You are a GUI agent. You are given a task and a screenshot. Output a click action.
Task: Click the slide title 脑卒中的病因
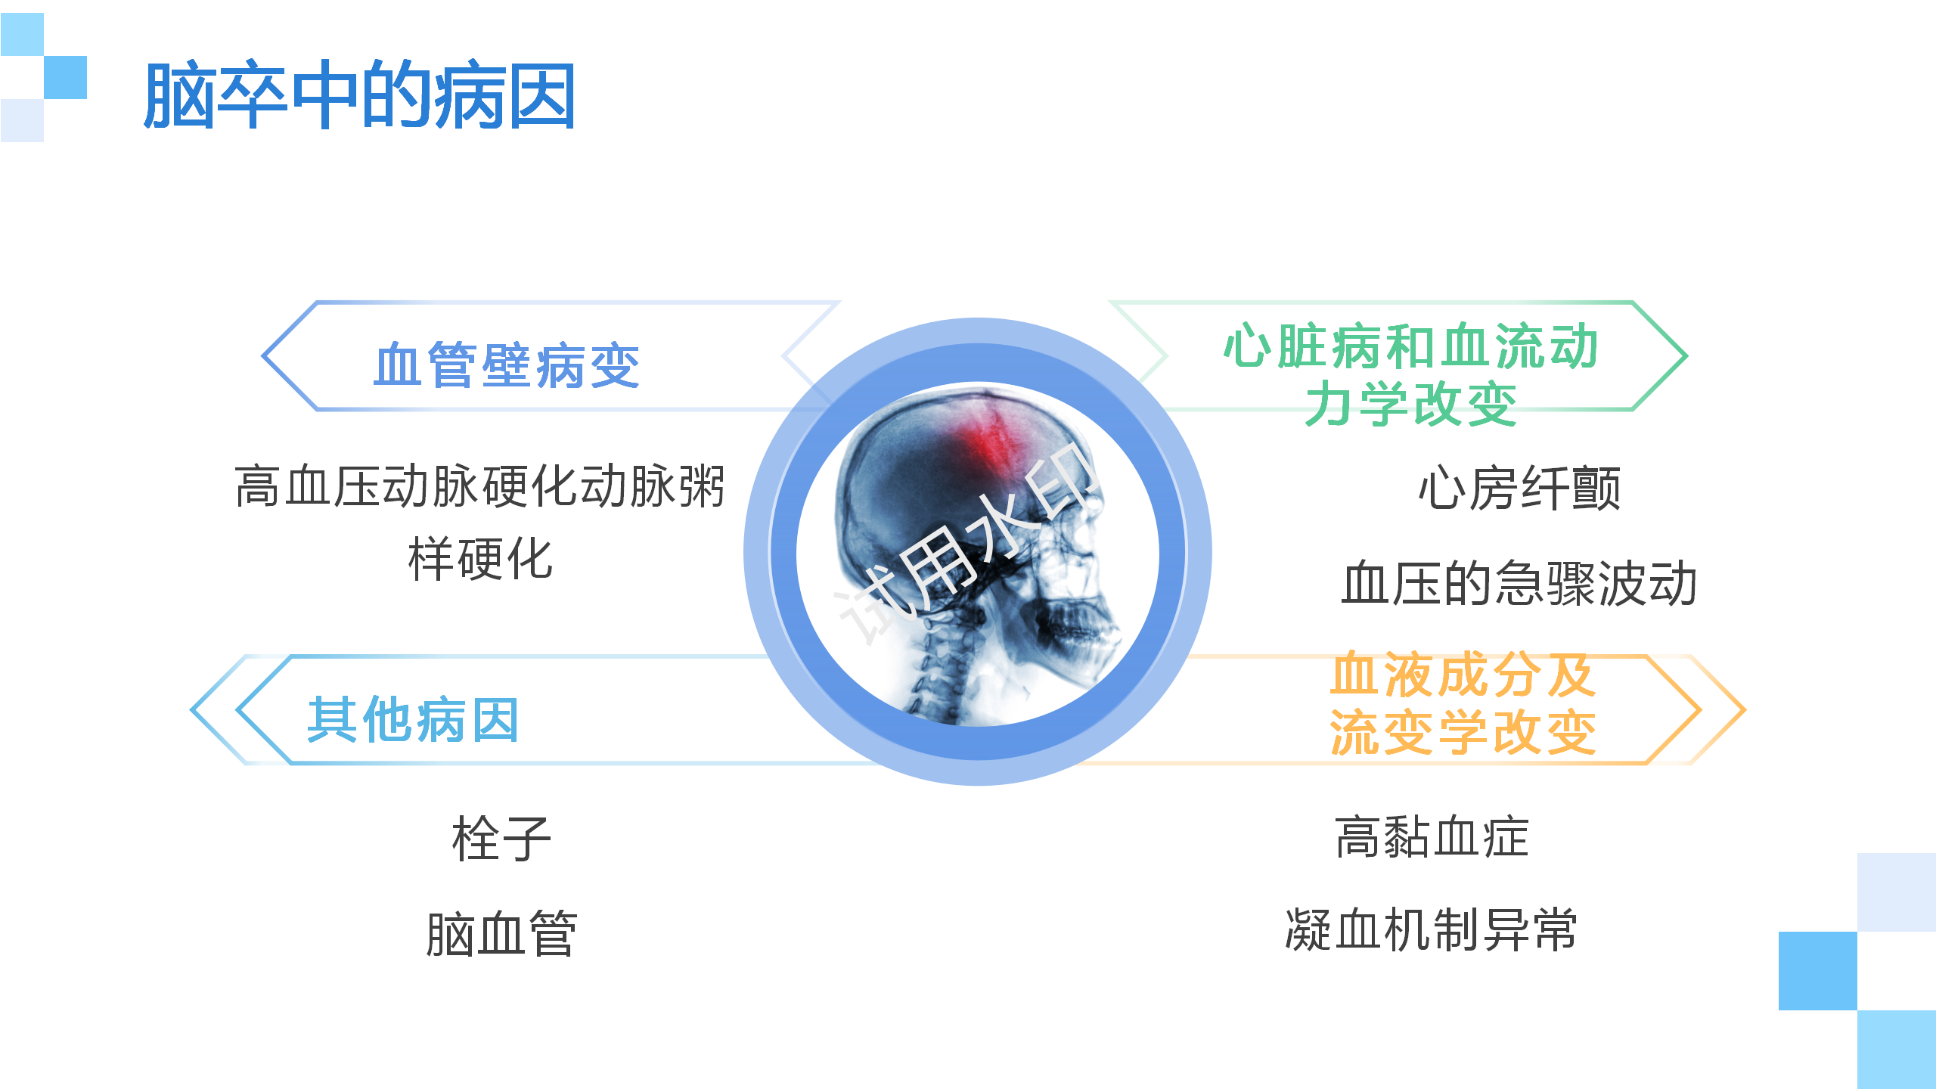[x=360, y=95]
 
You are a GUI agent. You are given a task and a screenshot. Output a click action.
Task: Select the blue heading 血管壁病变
[x=507, y=366]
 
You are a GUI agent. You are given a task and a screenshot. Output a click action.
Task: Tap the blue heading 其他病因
[x=413, y=720]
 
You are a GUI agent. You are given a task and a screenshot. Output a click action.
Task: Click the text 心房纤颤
[x=1519, y=488]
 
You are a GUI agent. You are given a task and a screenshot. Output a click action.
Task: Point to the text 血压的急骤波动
[x=1519, y=583]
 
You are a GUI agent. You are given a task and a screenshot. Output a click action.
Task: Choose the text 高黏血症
[x=1432, y=837]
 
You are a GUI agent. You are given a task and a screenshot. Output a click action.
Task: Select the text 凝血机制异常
[x=1432, y=929]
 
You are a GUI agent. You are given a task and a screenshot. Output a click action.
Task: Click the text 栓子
[x=501, y=839]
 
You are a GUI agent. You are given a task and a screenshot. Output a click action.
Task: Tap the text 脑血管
[x=501, y=934]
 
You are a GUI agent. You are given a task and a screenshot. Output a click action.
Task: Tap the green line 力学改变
[x=1411, y=404]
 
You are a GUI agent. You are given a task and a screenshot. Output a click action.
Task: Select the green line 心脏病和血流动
[x=1411, y=346]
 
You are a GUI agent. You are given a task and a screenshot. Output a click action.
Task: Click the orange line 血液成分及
[x=1463, y=674]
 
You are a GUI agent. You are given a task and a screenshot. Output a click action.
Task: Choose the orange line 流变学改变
[x=1463, y=731]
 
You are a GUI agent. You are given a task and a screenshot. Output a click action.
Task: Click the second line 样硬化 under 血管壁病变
[x=480, y=559]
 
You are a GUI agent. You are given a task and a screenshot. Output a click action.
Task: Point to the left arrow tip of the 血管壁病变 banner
[x=263, y=355]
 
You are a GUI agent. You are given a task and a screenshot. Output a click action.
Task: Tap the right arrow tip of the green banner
[x=1686, y=355]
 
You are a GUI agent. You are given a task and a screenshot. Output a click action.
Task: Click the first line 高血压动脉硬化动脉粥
[x=480, y=486]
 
